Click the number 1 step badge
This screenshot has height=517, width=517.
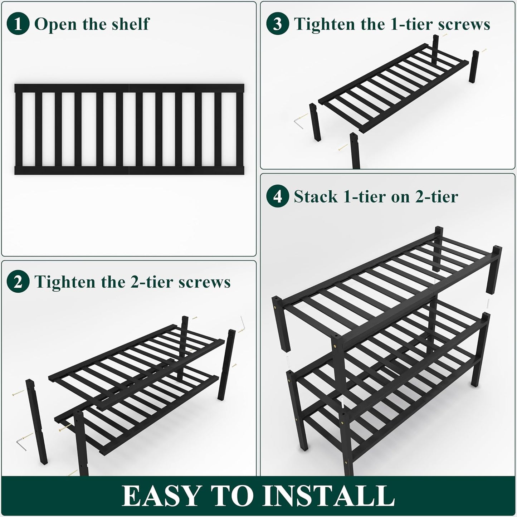(x=18, y=24)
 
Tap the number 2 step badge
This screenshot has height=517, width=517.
(x=18, y=282)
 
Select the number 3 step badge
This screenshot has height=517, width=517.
(x=277, y=24)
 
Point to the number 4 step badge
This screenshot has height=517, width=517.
(x=277, y=196)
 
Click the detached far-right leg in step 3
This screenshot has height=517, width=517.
(x=474, y=66)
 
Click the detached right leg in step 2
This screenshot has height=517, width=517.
(x=226, y=365)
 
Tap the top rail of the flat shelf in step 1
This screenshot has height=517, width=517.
(x=129, y=88)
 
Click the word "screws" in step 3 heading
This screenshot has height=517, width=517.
(x=465, y=24)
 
